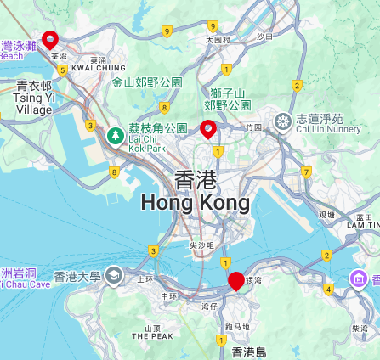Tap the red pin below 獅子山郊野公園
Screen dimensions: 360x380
point(207,129)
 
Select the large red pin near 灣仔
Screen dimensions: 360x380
point(236,281)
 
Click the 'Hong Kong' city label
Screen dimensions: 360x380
point(196,203)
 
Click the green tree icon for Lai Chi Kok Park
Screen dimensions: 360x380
point(115,134)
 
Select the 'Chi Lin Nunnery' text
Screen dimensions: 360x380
point(327,129)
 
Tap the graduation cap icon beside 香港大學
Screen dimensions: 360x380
point(115,276)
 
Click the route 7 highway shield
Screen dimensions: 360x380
point(306,172)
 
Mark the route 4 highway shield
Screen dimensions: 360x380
point(328,289)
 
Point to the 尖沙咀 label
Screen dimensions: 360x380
point(201,245)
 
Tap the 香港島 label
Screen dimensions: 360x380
point(248,352)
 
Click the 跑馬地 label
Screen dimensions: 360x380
point(237,326)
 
